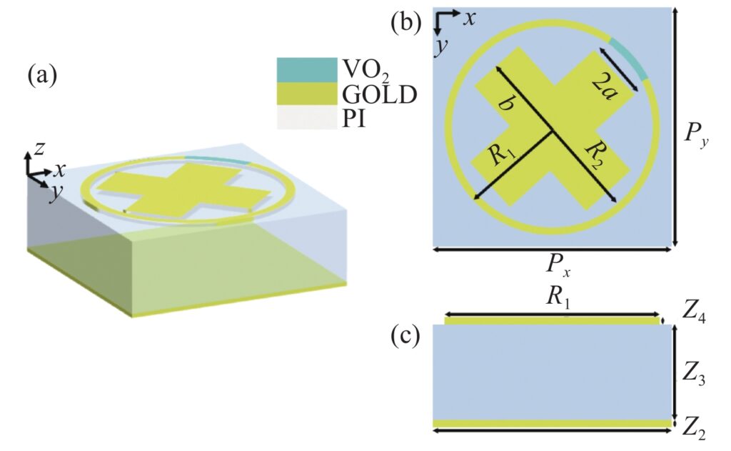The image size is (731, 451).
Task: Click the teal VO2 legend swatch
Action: pos(307,70)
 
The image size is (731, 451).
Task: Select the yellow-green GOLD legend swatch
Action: pos(307,94)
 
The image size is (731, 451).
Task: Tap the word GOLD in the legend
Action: pos(379,95)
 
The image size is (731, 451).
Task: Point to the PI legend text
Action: pos(354,119)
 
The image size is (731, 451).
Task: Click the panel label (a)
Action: pos(42,75)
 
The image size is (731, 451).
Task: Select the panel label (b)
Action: pos(405,22)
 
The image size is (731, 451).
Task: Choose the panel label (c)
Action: pos(405,336)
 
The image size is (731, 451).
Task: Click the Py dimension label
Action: pos(695,135)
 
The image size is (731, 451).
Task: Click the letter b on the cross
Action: pos(505,104)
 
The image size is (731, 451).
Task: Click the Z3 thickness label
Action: pos(693,374)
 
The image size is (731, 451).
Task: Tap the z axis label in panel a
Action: pos(40,148)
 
